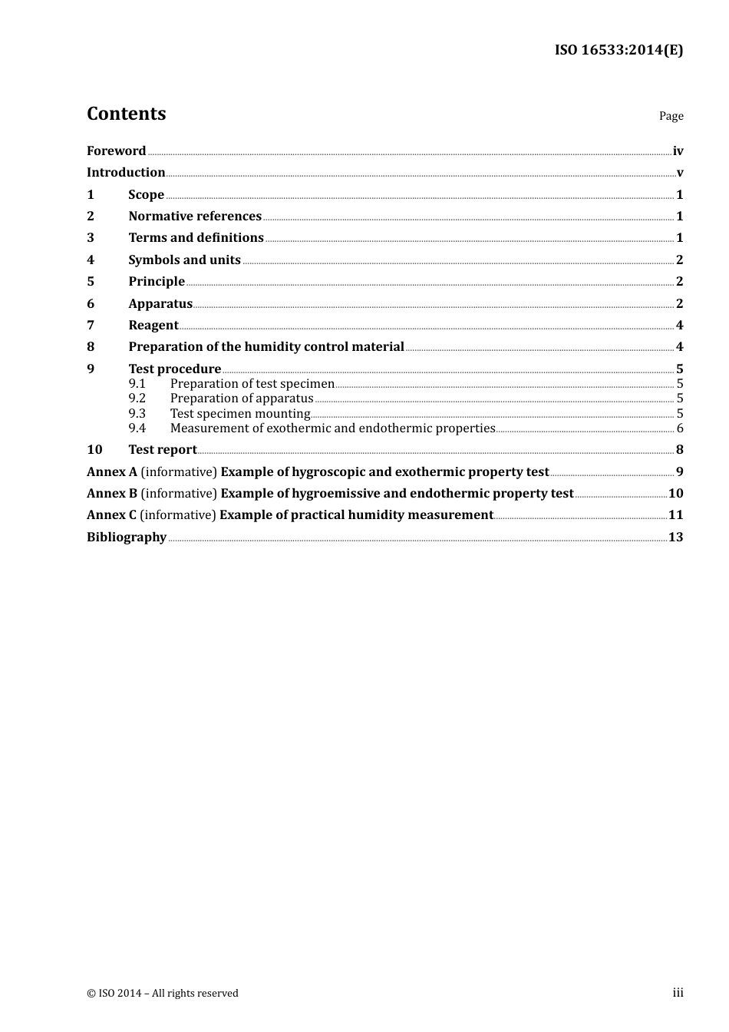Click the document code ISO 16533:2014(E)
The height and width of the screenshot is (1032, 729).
[618, 50]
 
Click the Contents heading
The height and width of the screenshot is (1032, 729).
[126, 114]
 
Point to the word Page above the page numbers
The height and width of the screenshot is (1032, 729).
[671, 116]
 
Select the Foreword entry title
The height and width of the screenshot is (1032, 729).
[116, 151]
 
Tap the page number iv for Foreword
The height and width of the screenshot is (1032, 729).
[678, 151]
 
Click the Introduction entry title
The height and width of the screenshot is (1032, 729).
[126, 173]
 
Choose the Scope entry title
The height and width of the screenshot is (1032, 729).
[146, 195]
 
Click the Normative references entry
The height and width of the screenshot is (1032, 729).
[195, 217]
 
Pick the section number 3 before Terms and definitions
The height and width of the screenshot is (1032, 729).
[91, 238]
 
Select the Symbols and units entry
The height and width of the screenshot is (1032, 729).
[184, 260]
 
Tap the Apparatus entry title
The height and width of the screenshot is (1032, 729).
[160, 304]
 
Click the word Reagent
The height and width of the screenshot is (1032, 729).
[153, 326]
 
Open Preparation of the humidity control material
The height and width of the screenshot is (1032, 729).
[266, 347]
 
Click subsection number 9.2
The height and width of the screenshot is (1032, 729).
[137, 399]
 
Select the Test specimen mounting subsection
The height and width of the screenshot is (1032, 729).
[240, 414]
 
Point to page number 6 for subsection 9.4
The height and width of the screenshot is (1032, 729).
[679, 428]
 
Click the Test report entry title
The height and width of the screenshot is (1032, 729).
[163, 450]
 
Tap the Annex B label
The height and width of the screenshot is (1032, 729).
[112, 494]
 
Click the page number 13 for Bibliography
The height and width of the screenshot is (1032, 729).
[675, 537]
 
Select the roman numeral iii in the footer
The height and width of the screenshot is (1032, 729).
[678, 993]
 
